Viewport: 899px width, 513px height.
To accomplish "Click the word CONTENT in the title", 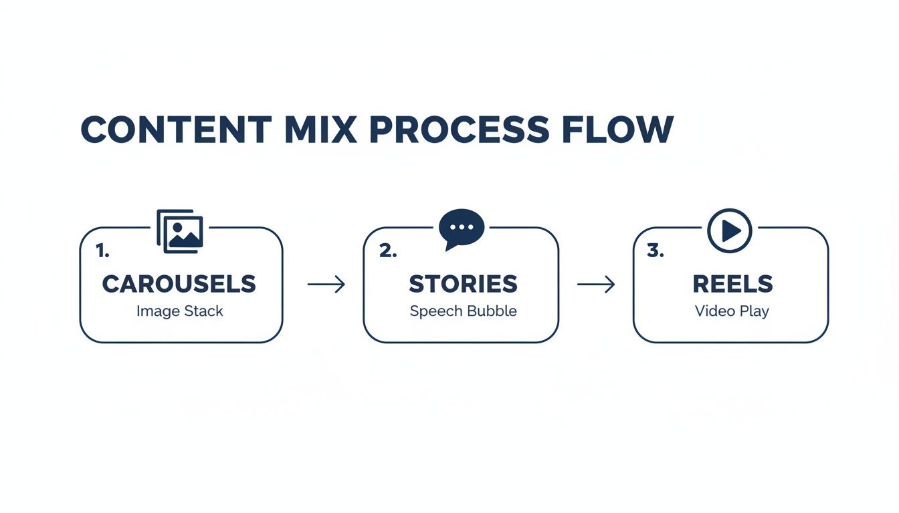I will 176,130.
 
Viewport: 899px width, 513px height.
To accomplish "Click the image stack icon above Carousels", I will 180,231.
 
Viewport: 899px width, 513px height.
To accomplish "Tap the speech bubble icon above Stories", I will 462,229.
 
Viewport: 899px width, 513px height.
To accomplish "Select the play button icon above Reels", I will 730,231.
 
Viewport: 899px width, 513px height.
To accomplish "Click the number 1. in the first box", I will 102,251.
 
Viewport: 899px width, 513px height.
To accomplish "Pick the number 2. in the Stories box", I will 388,251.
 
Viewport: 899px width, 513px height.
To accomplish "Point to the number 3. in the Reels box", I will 656,251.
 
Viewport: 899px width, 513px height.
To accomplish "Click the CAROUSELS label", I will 179,284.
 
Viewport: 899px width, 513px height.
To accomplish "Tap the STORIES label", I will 463,284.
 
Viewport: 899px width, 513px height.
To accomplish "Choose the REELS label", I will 732,284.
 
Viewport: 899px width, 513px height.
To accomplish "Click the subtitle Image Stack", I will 180,311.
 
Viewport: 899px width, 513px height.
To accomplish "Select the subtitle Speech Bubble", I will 463,311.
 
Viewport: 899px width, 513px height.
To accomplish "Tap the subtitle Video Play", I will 732,311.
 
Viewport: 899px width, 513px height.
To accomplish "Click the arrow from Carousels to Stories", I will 326,285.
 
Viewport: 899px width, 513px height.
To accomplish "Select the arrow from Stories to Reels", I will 596,285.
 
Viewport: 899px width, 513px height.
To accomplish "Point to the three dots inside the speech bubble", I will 462,226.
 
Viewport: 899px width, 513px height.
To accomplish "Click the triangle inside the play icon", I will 731,231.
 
